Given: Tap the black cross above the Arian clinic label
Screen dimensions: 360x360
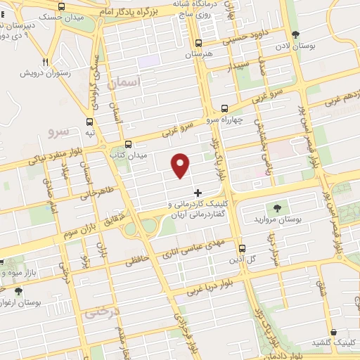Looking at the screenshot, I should click(x=198, y=192).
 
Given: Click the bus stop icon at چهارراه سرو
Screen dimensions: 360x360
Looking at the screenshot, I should click(x=224, y=108).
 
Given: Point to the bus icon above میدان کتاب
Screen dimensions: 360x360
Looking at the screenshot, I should click(x=127, y=144).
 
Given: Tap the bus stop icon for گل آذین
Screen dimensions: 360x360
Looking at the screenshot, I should click(x=243, y=248).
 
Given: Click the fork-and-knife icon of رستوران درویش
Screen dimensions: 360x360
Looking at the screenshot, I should click(x=46, y=62).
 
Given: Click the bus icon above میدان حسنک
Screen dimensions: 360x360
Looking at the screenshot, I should click(x=62, y=6).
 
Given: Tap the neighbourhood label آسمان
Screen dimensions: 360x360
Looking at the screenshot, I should click(x=125, y=83).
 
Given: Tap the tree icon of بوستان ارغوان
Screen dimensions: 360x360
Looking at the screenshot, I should click(x=18, y=291).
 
